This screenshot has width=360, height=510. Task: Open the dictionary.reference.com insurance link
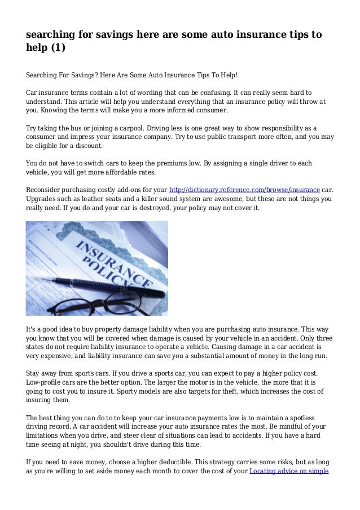(x=244, y=189)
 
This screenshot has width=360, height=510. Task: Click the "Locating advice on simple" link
(x=289, y=471)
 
